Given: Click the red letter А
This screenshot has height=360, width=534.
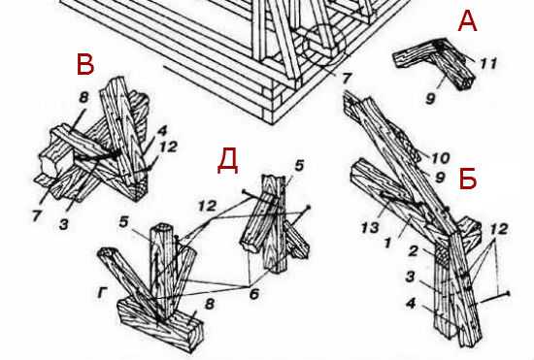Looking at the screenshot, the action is point(467,20).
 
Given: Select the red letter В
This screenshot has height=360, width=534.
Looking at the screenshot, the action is point(85,65).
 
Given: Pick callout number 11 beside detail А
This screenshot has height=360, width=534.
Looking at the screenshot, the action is point(488,63).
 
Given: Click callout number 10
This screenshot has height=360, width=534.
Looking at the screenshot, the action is point(441,158).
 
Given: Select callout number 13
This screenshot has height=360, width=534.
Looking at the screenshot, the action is point(370,227).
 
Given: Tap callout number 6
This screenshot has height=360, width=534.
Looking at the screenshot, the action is point(254,293).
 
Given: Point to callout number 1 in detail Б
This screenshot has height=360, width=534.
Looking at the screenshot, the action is point(387,243).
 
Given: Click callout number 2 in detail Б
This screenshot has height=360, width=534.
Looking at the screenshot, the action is point(413,251).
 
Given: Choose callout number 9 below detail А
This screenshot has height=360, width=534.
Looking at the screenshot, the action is point(430,99).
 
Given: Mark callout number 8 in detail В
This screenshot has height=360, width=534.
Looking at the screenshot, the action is point(83,98).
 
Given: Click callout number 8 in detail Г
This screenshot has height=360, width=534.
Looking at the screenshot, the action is point(210,303).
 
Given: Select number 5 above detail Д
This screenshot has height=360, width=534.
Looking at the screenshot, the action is point(299,166).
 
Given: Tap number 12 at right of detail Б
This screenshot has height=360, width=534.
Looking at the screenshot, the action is point(499,229).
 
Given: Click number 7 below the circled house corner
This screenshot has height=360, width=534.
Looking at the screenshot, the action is point(346,79).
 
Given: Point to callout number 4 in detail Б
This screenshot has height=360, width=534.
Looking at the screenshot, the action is point(411,303).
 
